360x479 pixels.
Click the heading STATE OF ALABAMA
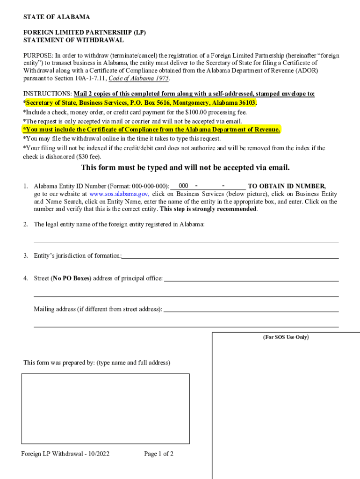[x=57, y=17]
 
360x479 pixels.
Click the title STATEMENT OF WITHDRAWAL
[x=73, y=40]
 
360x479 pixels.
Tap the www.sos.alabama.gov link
[x=119, y=194]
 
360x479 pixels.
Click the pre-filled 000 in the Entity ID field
[x=183, y=186]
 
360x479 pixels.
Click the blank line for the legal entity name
[x=186, y=239]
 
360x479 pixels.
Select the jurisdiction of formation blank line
[x=230, y=255]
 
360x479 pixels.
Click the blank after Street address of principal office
[x=251, y=278]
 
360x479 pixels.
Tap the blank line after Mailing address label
[x=251, y=309]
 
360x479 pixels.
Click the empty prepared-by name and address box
[x=105, y=408]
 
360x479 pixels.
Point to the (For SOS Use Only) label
[x=286, y=337]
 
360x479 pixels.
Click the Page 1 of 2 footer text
[x=159, y=454]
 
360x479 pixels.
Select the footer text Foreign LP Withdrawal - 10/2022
[x=65, y=454]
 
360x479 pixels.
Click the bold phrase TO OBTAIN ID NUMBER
[x=286, y=186]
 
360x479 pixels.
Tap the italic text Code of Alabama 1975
[x=138, y=78]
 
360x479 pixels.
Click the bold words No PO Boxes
[x=71, y=278]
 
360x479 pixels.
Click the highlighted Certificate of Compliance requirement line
[x=152, y=130]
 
